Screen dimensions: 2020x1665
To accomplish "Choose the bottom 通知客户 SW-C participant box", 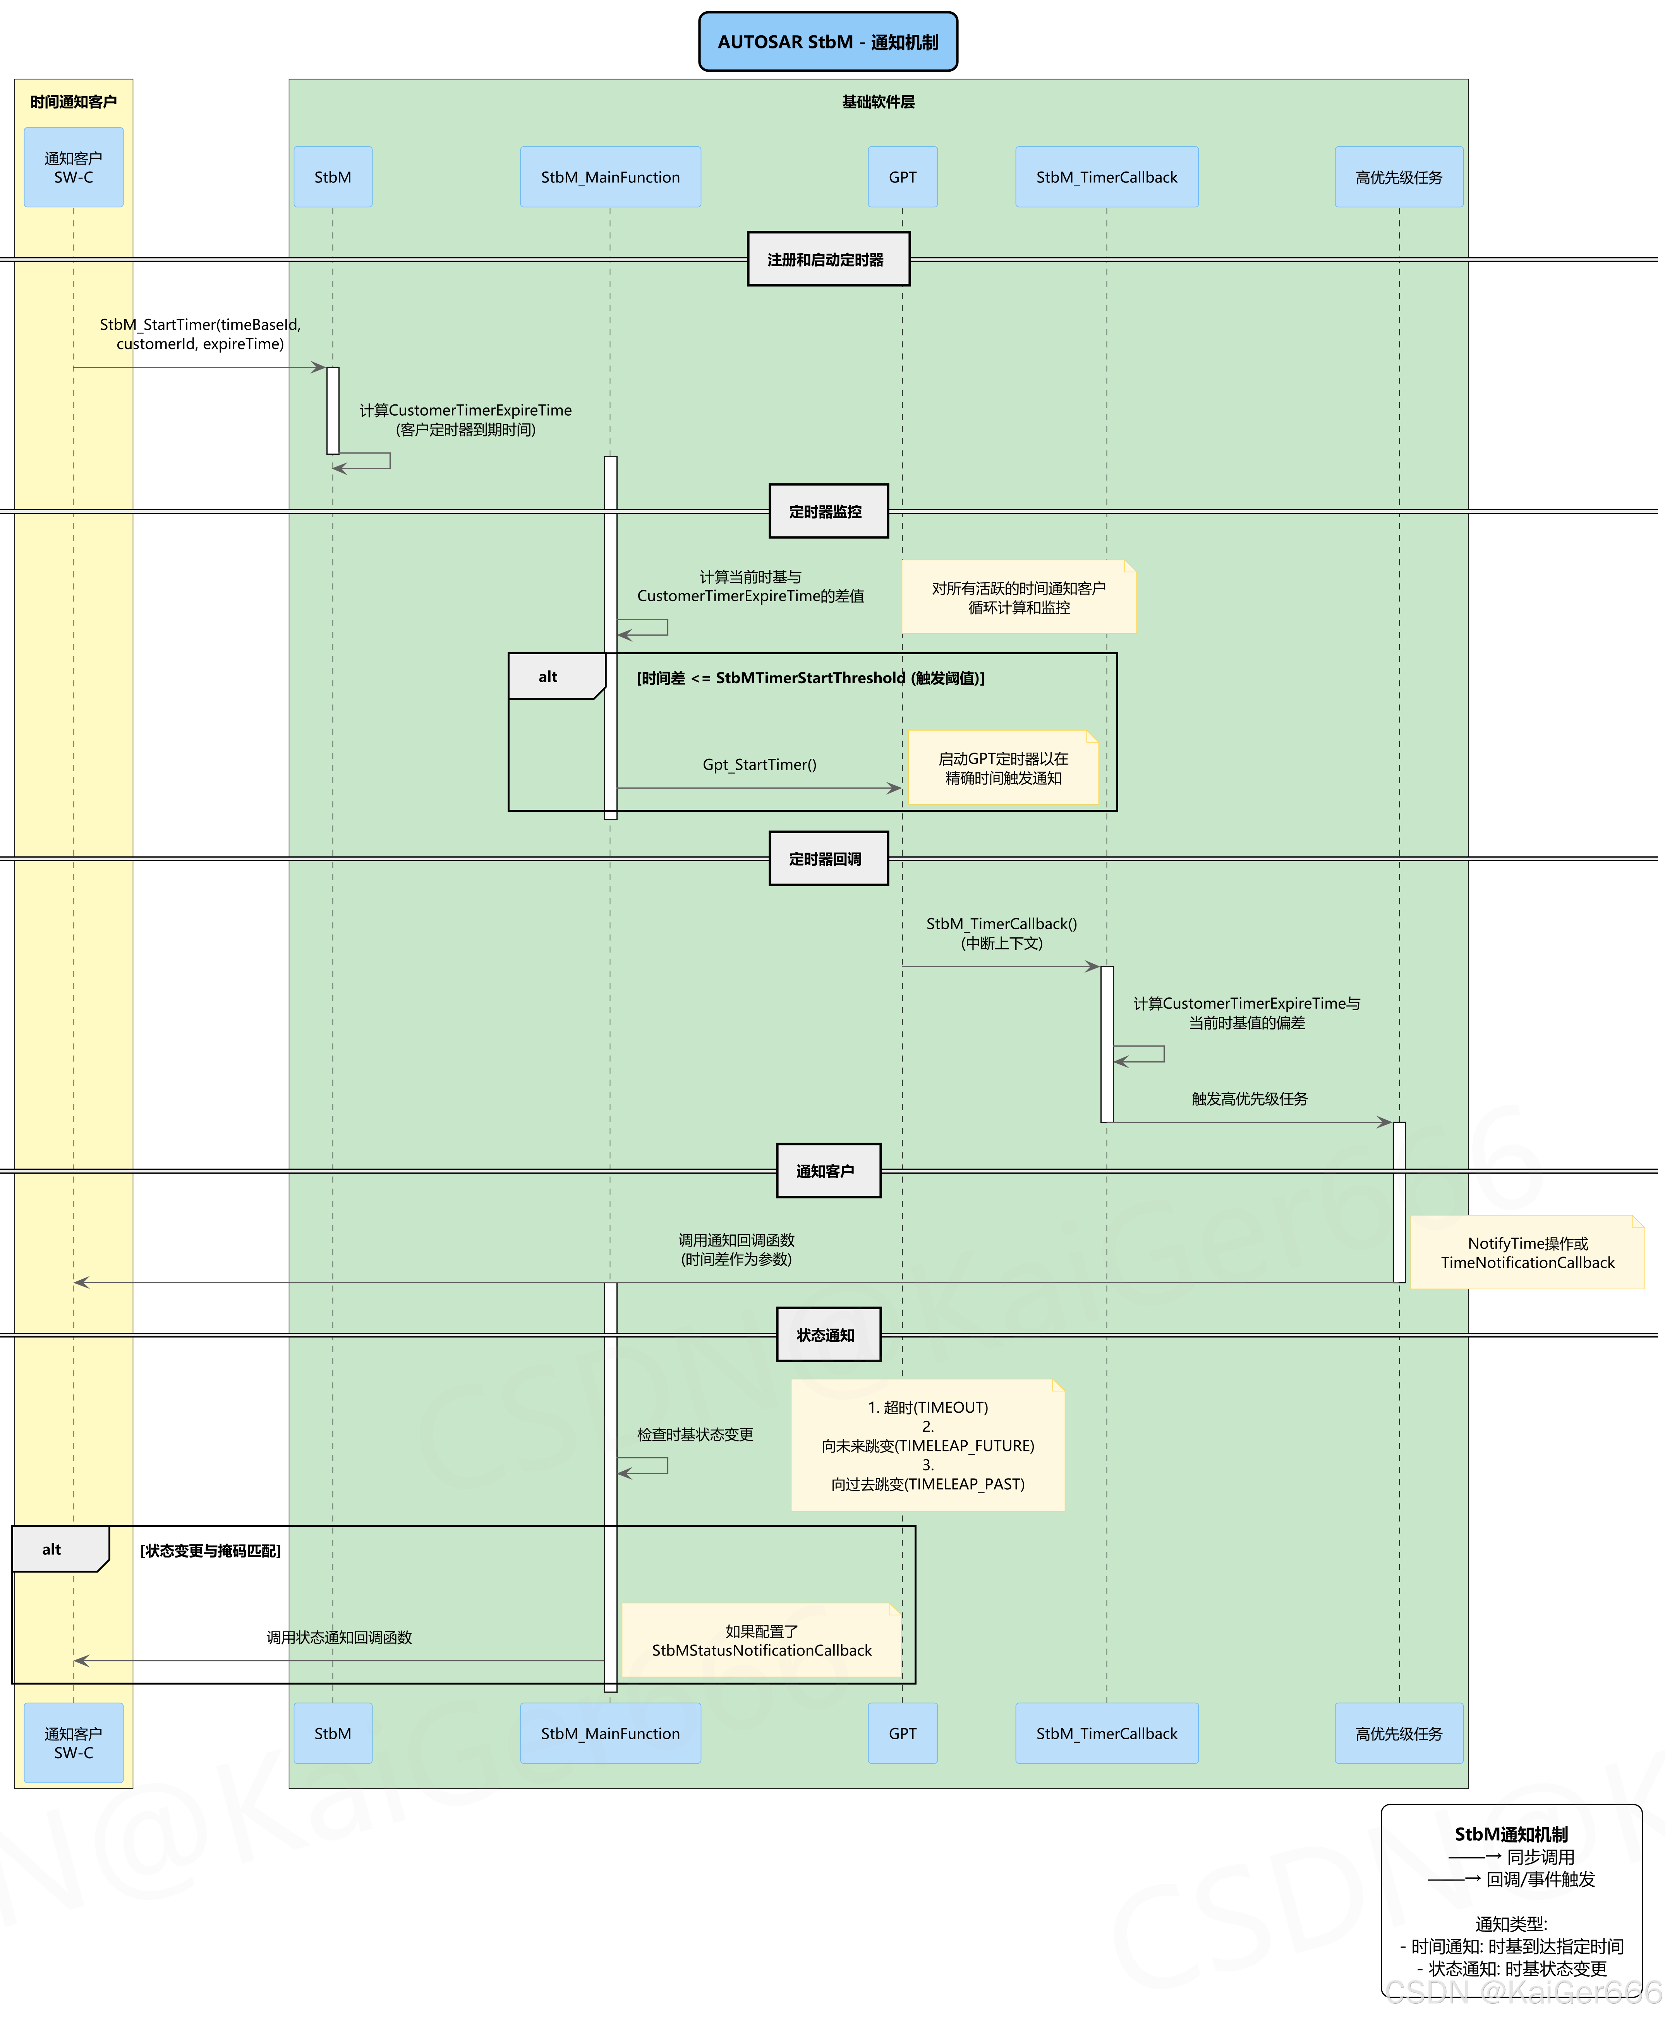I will point(74,1743).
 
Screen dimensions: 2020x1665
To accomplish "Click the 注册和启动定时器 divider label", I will point(828,259).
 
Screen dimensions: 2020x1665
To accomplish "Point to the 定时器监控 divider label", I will point(828,511).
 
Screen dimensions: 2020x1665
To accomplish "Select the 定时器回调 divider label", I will point(828,858).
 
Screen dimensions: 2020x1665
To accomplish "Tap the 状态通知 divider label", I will point(828,1334).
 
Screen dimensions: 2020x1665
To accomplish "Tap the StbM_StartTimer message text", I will point(199,334).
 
